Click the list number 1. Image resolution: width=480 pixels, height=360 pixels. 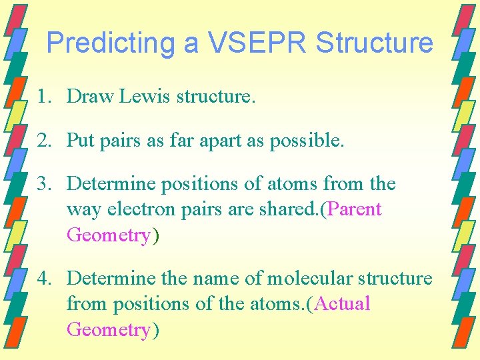pyautogui.click(x=43, y=97)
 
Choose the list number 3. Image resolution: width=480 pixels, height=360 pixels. pyautogui.click(x=43, y=183)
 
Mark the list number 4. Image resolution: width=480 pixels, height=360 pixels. pyautogui.click(x=43, y=278)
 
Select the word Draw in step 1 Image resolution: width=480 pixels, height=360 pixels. pyautogui.click(x=91, y=97)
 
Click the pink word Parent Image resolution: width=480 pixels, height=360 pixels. pyautogui.click(x=353, y=209)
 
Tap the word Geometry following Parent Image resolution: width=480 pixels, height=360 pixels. pyautogui.click(x=109, y=235)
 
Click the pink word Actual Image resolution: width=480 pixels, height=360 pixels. pyautogui.click(x=342, y=304)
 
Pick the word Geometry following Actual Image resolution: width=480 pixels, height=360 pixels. pyautogui.click(x=109, y=330)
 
